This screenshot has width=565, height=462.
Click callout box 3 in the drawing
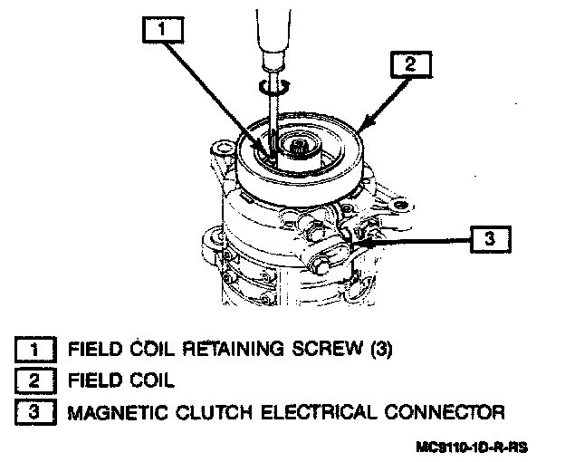pyautogui.click(x=490, y=240)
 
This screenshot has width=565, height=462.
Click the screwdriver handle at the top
pyautogui.click(x=272, y=32)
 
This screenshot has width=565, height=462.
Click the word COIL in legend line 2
pyautogui.click(x=147, y=380)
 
